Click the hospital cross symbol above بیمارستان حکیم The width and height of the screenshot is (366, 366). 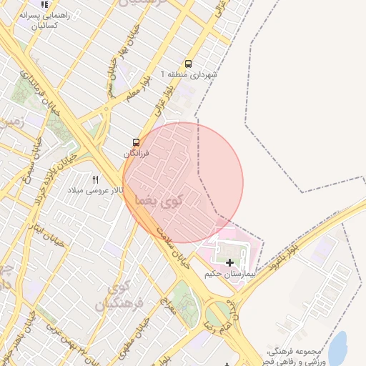(x=229, y=262)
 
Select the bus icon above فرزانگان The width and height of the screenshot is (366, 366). (x=136, y=142)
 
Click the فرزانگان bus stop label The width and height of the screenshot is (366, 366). (x=136, y=154)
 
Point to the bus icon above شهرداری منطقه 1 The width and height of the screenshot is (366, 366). (x=188, y=64)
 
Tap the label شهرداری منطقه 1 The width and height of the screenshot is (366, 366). (x=189, y=74)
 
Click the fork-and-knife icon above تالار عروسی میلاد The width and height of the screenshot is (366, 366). (x=96, y=179)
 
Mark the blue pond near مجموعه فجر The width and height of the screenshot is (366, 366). (x=337, y=343)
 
